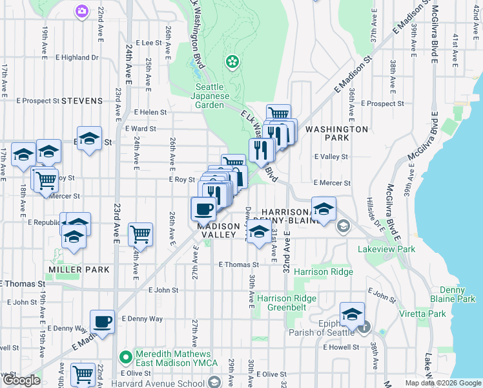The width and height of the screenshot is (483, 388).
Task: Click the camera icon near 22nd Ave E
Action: pyautogui.click(x=81, y=10)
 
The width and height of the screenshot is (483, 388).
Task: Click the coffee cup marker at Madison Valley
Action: pyautogui.click(x=204, y=208)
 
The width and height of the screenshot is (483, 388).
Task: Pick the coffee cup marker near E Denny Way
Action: pyautogui.click(x=102, y=321)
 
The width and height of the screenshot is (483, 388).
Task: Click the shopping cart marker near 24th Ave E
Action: pyautogui.click(x=140, y=234)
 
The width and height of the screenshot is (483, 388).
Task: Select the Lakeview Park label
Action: pyautogui.click(x=387, y=248)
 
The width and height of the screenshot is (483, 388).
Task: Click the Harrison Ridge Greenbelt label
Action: pyautogui.click(x=287, y=303)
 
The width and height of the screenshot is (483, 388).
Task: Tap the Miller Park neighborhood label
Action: pyautogui.click(x=78, y=268)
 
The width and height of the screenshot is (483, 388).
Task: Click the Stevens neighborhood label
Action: pyautogui.click(x=83, y=101)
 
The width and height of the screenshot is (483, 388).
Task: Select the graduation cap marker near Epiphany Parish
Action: pyautogui.click(x=352, y=314)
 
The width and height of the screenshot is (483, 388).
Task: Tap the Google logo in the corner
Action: pyautogui.click(x=22, y=381)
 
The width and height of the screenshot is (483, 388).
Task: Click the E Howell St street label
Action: pyautogui.click(x=341, y=347)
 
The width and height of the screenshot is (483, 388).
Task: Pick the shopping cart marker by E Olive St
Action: pyautogui.click(x=83, y=374)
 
